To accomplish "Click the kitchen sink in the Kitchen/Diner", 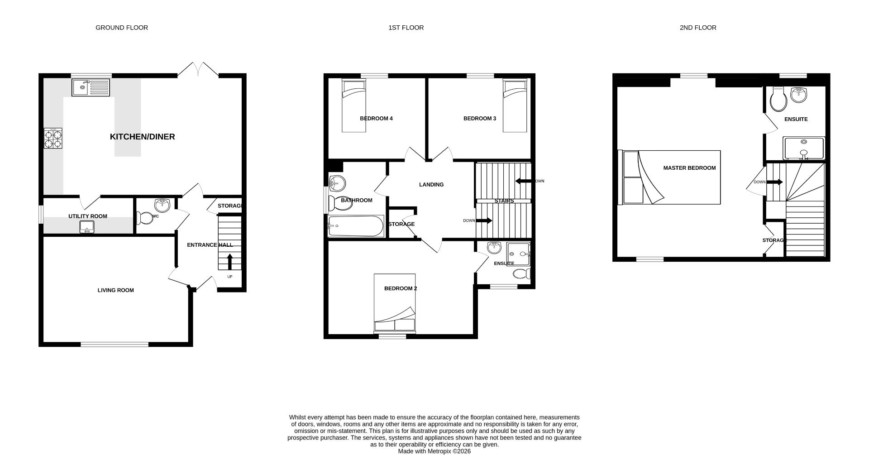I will (x=91, y=87).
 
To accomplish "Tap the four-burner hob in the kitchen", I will (x=53, y=139).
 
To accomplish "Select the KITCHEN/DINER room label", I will (x=142, y=137).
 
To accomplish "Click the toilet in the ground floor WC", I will (x=145, y=219).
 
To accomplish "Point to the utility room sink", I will (x=87, y=227).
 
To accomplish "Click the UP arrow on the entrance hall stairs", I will (x=229, y=262).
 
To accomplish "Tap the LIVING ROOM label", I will (x=116, y=290).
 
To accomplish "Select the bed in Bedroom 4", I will (x=353, y=105).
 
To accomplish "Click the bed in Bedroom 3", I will (x=515, y=105).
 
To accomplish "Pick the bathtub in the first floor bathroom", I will (x=356, y=226).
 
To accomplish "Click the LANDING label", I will (x=431, y=185).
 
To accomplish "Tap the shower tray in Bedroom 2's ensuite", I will (x=518, y=254).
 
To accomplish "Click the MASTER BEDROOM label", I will (x=689, y=168).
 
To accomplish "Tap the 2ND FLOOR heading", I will (x=697, y=28).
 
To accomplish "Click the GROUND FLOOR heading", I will (x=122, y=28).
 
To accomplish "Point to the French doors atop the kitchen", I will (x=198, y=69).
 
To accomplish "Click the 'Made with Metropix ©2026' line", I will (x=434, y=451).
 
